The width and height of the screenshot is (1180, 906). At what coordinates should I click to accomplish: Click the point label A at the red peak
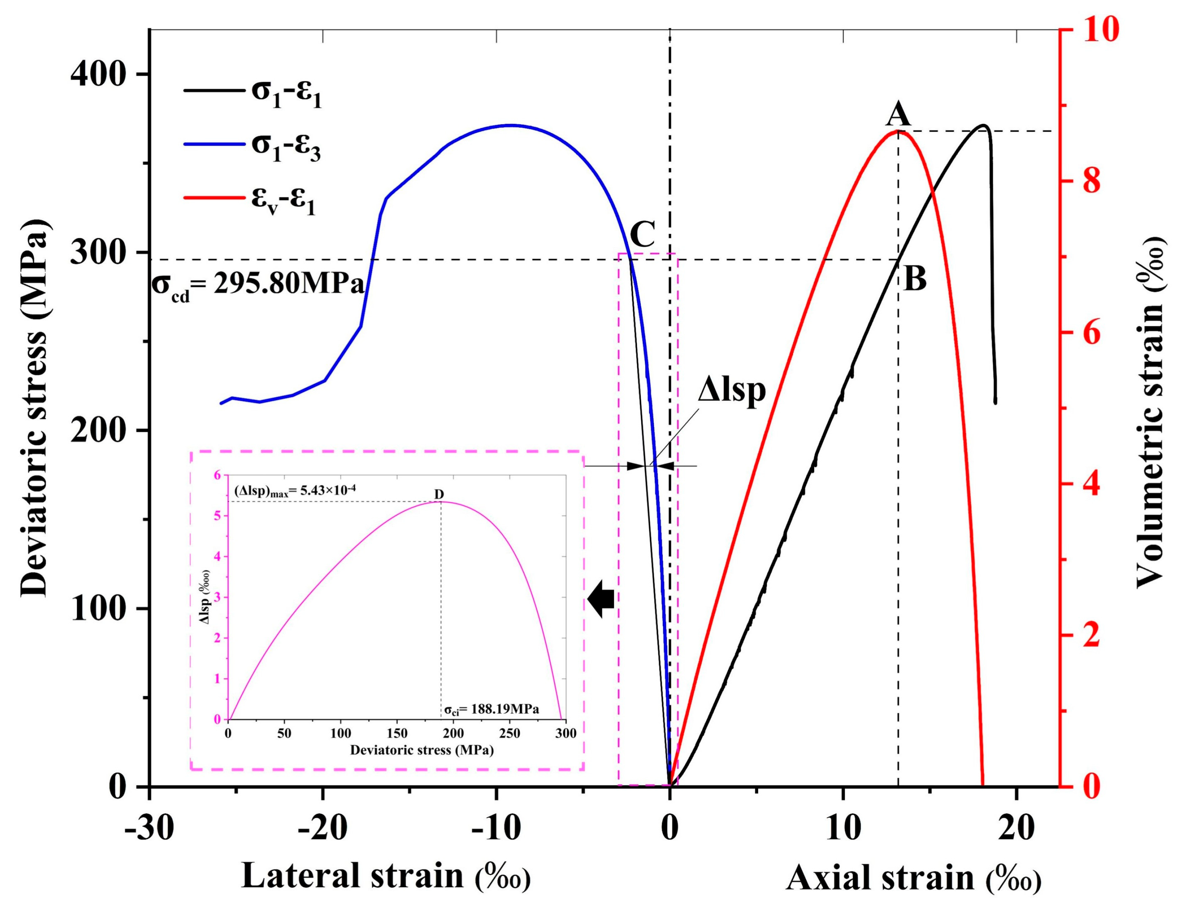899,115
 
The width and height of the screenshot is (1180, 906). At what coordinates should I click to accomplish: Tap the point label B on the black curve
915,279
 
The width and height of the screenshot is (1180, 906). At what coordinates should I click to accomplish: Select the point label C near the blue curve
642,234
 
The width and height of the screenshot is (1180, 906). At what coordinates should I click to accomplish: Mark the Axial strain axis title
913,877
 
